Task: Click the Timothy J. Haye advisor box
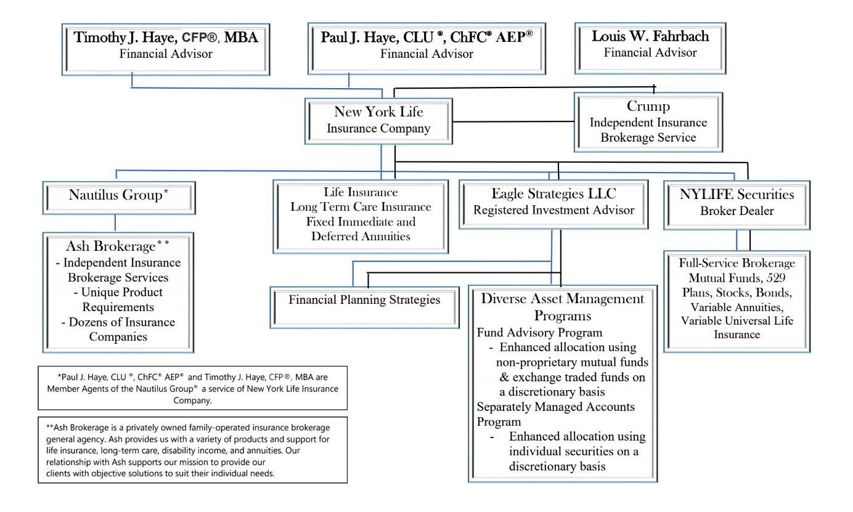pos(166,49)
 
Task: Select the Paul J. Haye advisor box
pos(426,49)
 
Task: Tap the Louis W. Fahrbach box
pos(650,48)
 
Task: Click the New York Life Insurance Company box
pos(378,121)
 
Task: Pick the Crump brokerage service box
pos(648,122)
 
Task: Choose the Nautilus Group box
pos(119,198)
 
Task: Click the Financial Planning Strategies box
pos(364,307)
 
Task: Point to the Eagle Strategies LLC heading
pos(553,193)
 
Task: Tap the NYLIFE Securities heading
pos(737,194)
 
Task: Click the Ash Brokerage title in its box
pos(117,246)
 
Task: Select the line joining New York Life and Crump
pos(513,122)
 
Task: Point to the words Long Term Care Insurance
pos(361,206)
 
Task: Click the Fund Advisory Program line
pos(540,332)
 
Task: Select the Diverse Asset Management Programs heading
pos(563,307)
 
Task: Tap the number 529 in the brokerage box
pos(776,278)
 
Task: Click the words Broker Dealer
pos(737,211)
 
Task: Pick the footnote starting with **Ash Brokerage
pos(193,450)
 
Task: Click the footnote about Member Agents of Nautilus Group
pos(193,388)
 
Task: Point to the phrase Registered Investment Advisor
pos(553,210)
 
